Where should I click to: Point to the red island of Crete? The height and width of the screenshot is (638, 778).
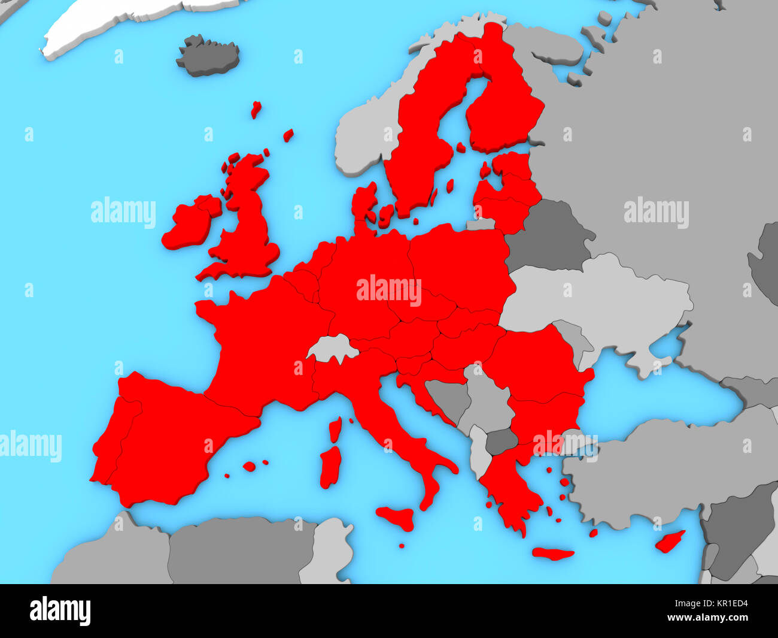coord(552,554)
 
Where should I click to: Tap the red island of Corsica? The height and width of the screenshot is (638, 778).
coord(335,429)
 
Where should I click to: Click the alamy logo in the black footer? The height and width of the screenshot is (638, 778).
coord(60,611)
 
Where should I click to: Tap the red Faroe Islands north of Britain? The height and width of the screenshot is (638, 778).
coord(256,109)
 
